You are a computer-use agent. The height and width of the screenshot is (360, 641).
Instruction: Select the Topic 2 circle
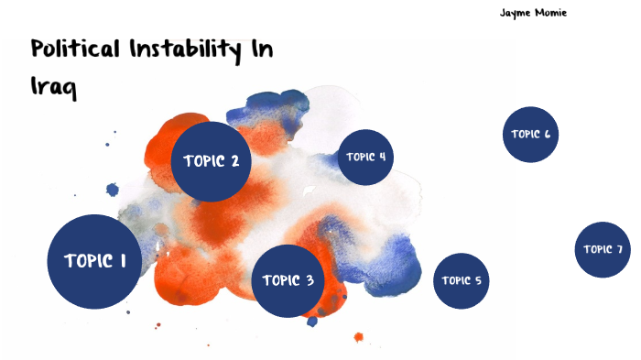tap(212, 161)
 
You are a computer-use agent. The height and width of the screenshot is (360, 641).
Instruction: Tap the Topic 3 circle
tap(288, 281)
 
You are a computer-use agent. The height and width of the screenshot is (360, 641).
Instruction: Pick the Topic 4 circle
tap(365, 157)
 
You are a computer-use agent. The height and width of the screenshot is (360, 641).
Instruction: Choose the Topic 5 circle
tap(461, 280)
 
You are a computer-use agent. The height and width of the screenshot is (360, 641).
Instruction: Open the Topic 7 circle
tap(603, 249)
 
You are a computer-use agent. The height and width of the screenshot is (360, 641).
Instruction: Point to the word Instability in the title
tap(198, 49)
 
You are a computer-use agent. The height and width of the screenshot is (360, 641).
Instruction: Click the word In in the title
tap(261, 49)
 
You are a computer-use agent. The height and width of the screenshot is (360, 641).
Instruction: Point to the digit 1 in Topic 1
tap(123, 261)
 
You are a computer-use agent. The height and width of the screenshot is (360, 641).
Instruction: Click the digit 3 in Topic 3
tap(310, 281)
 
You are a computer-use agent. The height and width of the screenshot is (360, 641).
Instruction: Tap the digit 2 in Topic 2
tap(234, 161)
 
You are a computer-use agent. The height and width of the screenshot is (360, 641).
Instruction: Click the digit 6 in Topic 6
tap(547, 135)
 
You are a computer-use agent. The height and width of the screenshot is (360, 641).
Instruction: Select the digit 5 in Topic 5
tap(477, 280)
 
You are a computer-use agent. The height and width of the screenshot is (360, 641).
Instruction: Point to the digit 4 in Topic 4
tap(381, 157)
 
